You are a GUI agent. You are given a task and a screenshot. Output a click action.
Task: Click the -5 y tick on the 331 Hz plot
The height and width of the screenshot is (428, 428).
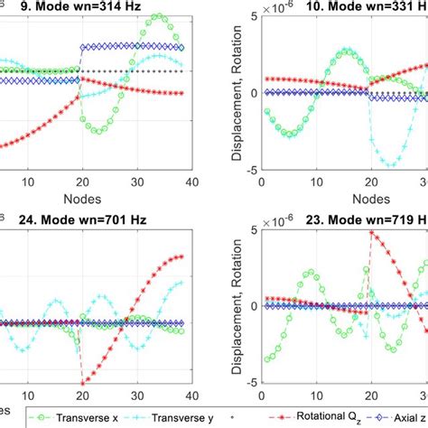[248, 168]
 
